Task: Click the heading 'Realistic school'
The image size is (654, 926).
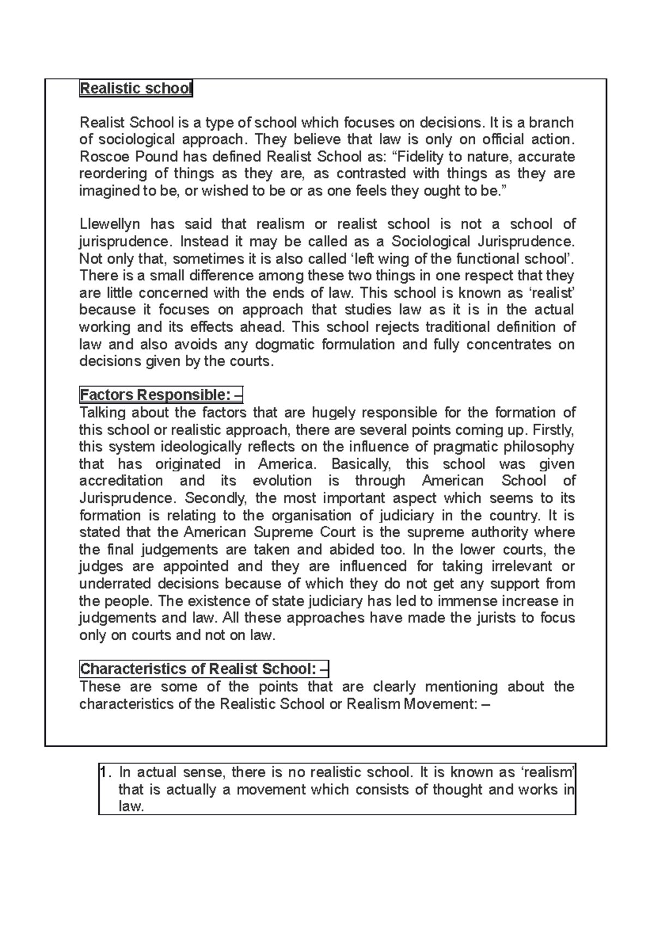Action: (136, 88)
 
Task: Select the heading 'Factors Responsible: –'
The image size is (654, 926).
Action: (165, 394)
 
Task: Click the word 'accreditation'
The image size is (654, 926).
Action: (121, 481)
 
